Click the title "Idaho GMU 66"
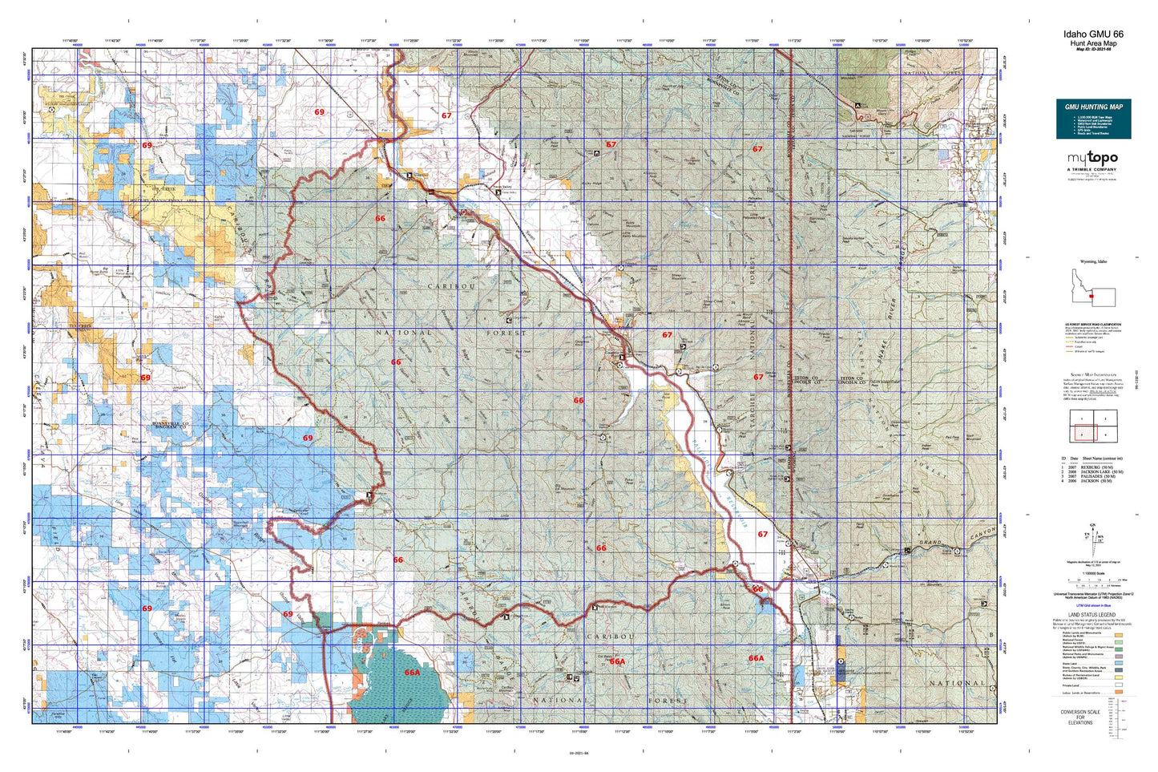point(1093,34)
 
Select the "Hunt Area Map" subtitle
point(1093,43)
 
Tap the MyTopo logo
point(1092,159)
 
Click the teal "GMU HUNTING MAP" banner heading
point(1093,107)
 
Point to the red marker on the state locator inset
point(1091,296)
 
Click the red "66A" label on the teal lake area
point(412,673)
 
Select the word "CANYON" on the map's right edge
point(982,535)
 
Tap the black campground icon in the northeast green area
point(858,105)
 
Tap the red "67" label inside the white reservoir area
point(762,534)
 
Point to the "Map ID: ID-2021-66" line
point(1093,50)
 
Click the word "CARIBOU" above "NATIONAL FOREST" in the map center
point(452,286)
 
